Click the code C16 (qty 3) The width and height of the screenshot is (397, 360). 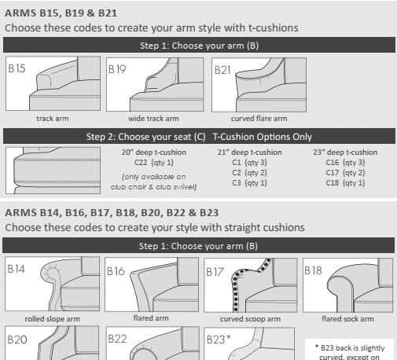click(x=346, y=163)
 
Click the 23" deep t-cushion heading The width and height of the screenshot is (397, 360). click(x=346, y=152)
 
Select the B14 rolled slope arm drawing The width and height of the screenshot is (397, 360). click(x=53, y=287)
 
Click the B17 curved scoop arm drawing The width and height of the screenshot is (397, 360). click(x=252, y=287)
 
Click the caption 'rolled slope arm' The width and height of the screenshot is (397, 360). click(x=52, y=318)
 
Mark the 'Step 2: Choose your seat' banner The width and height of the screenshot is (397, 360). click(x=198, y=137)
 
